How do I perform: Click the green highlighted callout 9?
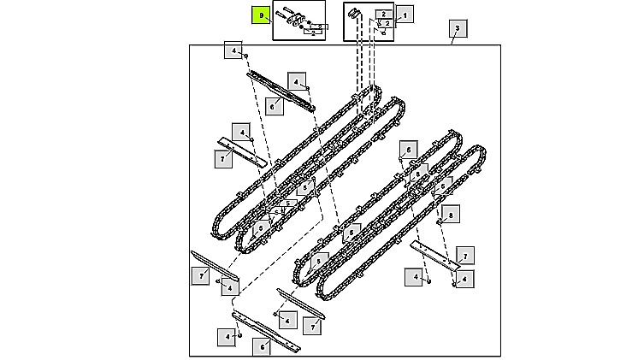pyautogui.click(x=261, y=15)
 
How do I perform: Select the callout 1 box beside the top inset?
pyautogui.click(x=405, y=15)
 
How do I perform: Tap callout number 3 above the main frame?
pyautogui.click(x=458, y=28)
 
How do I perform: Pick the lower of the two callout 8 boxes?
pyautogui.click(x=451, y=215)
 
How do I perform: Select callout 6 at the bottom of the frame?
pyautogui.click(x=262, y=346)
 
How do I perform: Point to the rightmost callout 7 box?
pyautogui.click(x=465, y=256)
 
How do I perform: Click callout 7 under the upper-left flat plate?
pyautogui.click(x=223, y=159)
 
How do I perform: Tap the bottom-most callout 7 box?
pyautogui.click(x=312, y=327)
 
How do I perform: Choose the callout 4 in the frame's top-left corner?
pyautogui.click(x=233, y=50)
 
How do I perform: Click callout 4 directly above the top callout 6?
pyautogui.click(x=297, y=82)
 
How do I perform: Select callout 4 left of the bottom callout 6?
pyautogui.click(x=227, y=337)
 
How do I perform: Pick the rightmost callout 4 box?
pyautogui.click(x=464, y=279)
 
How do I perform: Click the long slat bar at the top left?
pyautogui.click(x=281, y=91)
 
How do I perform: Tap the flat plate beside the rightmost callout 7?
pyautogui.click(x=434, y=255)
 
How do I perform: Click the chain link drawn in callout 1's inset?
pyautogui.click(x=353, y=13)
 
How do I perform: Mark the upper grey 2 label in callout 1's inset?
pyautogui.click(x=384, y=15)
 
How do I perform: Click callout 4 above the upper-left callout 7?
pyautogui.click(x=241, y=133)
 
